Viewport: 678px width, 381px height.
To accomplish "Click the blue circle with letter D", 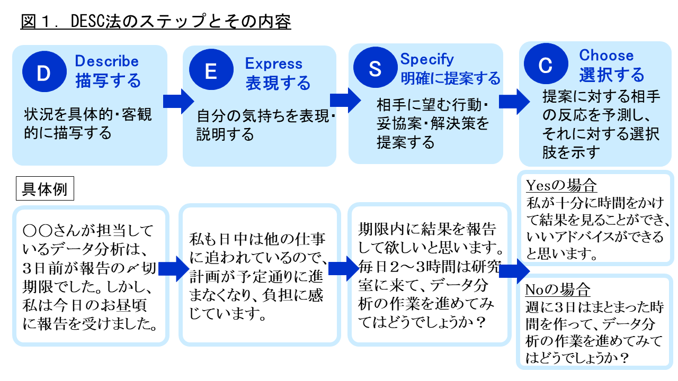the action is tap(44, 71).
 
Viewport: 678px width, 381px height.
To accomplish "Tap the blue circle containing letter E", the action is tap(211, 69).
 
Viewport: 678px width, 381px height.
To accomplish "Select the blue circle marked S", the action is tap(376, 67).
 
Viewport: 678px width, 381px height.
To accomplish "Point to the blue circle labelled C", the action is tap(546, 63).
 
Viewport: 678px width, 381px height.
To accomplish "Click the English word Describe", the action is tap(107, 61).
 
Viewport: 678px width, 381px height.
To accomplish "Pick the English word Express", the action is tap(274, 63).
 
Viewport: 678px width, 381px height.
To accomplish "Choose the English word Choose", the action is tap(606, 56).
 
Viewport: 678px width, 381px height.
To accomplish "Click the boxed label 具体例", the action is tap(45, 188).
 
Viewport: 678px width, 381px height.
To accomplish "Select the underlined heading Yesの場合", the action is tap(561, 185).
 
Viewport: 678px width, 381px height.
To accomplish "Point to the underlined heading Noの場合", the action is tap(558, 289).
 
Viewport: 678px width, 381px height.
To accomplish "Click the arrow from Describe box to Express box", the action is tap(179, 101).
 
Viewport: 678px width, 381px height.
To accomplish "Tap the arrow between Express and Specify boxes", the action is tap(345, 100).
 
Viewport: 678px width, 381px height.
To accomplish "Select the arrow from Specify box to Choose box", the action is tap(514, 102).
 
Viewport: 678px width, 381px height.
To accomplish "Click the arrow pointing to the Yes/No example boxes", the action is tap(514, 271).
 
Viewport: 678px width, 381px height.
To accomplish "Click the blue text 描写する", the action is tap(108, 81).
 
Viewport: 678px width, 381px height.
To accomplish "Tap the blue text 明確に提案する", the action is tap(450, 78).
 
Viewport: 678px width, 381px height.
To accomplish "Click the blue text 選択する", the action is tap(612, 75).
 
